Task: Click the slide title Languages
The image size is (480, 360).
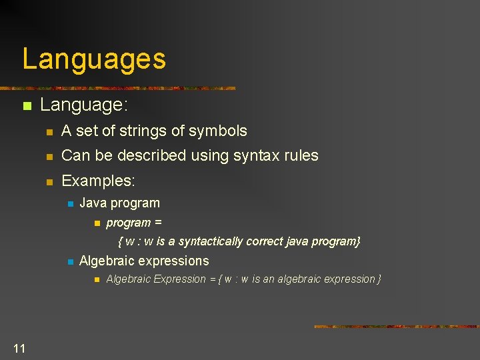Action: [94, 59]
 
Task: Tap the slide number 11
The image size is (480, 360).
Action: [19, 348]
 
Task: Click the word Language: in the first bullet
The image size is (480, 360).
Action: [84, 105]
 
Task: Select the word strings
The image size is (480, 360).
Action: [140, 131]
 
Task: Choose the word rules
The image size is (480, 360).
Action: [301, 156]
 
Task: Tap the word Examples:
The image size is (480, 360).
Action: [98, 181]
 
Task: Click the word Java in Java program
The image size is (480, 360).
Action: [93, 203]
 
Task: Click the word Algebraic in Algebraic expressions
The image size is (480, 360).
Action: [109, 261]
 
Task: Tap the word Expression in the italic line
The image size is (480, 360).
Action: [180, 279]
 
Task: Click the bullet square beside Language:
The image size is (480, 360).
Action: [26, 106]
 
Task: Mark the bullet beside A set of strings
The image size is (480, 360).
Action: [48, 132]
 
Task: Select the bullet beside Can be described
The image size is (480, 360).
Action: [48, 157]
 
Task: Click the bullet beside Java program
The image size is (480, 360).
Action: [69, 204]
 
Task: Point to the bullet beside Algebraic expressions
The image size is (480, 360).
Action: [69, 262]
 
